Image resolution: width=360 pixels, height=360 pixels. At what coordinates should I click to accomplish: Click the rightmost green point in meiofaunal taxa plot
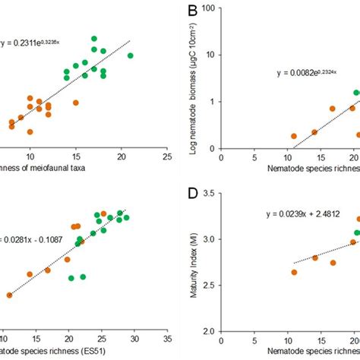point(130,55)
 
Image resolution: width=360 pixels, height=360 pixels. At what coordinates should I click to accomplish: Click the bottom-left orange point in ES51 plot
point(9,295)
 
